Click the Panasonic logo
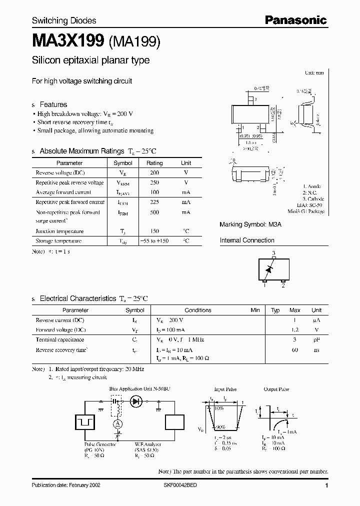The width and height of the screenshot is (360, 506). coord(295,20)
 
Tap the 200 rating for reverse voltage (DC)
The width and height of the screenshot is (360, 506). coord(154,172)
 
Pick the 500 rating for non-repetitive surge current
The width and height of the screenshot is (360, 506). coord(154,212)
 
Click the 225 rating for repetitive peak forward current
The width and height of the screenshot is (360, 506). coord(154,202)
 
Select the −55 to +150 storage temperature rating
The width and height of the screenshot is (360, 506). coord(154,241)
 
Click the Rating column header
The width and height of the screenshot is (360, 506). coord(154,163)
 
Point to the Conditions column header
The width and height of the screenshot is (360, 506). coord(198,310)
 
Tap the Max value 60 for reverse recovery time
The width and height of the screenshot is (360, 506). coord(295,350)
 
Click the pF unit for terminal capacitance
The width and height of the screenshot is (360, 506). coord(316,339)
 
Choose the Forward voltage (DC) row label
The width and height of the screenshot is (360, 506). coord(60,330)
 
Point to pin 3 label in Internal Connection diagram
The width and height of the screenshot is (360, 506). coord(273,253)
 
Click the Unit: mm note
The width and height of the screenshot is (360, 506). coord(314,73)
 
